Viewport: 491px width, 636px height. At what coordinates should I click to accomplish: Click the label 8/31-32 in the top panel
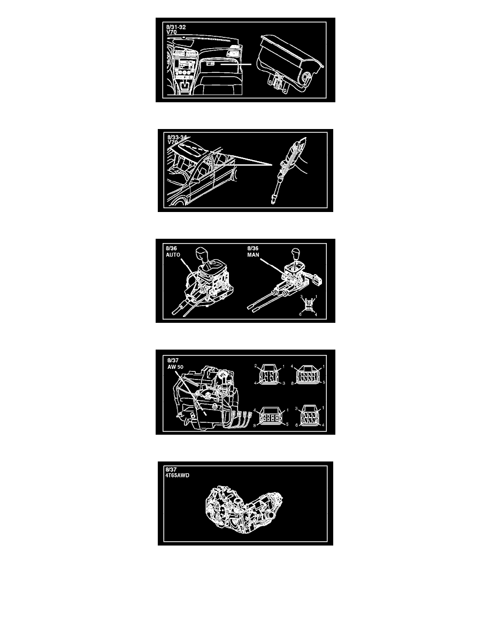[176, 27]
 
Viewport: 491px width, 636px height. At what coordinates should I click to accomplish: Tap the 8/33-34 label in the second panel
[177, 138]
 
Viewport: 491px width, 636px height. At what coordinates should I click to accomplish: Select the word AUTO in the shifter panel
[173, 255]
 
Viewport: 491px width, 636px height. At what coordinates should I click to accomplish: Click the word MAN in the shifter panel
[253, 255]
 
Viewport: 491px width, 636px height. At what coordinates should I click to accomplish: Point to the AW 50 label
[175, 367]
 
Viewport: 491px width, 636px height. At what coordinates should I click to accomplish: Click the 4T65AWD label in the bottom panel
[178, 475]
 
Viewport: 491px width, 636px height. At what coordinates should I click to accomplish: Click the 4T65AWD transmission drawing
[244, 510]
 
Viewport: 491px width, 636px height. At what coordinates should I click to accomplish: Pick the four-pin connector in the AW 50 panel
[268, 375]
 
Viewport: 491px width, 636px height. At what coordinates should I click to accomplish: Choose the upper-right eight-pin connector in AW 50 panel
[308, 374]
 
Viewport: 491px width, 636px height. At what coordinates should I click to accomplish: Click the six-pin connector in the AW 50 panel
[309, 416]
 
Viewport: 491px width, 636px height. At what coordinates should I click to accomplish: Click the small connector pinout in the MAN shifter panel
[309, 305]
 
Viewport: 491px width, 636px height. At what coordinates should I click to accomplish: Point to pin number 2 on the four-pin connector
[256, 366]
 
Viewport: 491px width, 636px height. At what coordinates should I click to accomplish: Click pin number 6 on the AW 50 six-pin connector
[297, 425]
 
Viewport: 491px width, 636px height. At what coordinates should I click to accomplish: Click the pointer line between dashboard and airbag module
[236, 64]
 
